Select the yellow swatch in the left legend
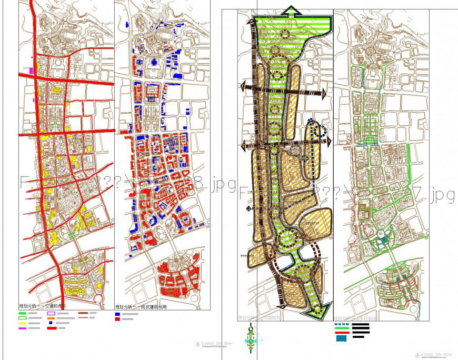click(22, 323)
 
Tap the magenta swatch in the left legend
click(22, 328)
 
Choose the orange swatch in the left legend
click(52, 318)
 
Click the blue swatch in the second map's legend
click(117, 314)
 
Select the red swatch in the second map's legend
click(117, 319)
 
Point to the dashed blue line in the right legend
click(341, 325)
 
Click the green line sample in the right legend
click(341, 329)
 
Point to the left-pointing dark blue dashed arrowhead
click(248, 209)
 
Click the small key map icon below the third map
click(252, 337)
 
